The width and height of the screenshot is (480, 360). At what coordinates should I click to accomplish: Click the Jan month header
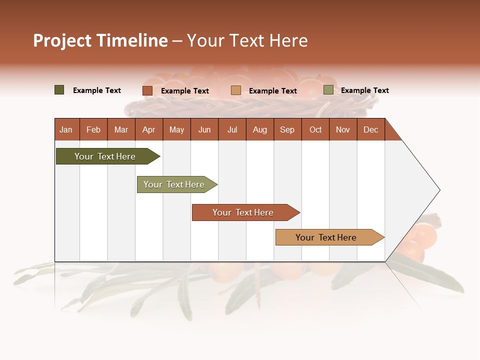[66, 130]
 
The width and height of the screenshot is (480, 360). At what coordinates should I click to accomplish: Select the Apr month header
[148, 130]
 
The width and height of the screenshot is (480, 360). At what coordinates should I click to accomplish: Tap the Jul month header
[232, 130]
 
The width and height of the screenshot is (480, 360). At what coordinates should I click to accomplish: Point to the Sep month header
[287, 130]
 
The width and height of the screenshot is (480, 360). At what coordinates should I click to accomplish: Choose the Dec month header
[370, 130]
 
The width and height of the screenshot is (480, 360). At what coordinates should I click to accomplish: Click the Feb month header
[93, 130]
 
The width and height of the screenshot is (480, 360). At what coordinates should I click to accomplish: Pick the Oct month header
[315, 130]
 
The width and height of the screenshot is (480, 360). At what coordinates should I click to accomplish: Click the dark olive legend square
[59, 90]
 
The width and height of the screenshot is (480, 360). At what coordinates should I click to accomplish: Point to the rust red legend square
[147, 90]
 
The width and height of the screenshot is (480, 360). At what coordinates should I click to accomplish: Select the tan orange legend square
[236, 90]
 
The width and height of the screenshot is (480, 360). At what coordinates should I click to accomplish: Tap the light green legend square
[328, 90]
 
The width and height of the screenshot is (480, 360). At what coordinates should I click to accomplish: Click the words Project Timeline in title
[100, 40]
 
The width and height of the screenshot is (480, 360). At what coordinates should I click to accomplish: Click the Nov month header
[343, 130]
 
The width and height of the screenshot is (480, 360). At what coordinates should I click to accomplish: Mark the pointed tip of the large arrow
[439, 190]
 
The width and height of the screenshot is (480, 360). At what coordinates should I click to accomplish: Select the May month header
[176, 130]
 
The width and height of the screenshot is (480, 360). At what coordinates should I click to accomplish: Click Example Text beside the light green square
[364, 90]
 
